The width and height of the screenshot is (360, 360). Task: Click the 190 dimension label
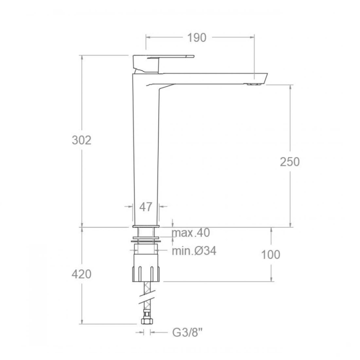pyautogui.click(x=197, y=37)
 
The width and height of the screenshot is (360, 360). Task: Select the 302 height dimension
pyautogui.click(x=81, y=140)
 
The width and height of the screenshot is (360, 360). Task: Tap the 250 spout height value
pyautogui.click(x=289, y=162)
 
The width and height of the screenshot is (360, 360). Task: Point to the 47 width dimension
pyautogui.click(x=146, y=207)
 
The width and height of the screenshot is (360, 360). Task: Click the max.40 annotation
pyautogui.click(x=191, y=233)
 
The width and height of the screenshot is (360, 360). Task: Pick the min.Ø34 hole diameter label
pyautogui.click(x=194, y=251)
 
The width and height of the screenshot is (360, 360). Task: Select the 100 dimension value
pyautogui.click(x=270, y=254)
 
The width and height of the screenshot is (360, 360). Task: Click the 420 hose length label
pyautogui.click(x=81, y=274)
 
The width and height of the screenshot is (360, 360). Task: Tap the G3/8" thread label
pyautogui.click(x=187, y=332)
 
